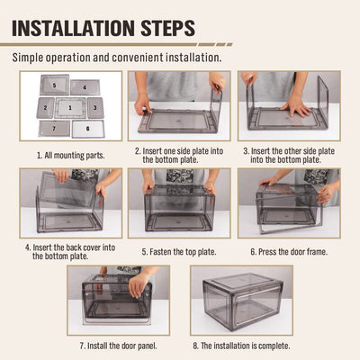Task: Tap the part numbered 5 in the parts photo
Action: (x=55, y=85)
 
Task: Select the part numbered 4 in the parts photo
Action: (x=85, y=87)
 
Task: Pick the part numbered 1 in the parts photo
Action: (x=70, y=108)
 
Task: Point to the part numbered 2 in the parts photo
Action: (x=45, y=108)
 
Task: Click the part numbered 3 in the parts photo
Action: (x=95, y=108)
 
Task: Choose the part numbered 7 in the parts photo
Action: (x=54, y=129)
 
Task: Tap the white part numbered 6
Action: (x=88, y=129)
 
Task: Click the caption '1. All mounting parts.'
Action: (x=71, y=156)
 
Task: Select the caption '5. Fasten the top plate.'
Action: (x=179, y=252)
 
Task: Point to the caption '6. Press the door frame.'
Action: (x=289, y=252)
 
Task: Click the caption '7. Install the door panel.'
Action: (x=119, y=346)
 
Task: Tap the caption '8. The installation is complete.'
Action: (x=241, y=346)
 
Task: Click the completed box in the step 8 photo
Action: (x=243, y=301)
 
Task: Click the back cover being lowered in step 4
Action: (x=69, y=190)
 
